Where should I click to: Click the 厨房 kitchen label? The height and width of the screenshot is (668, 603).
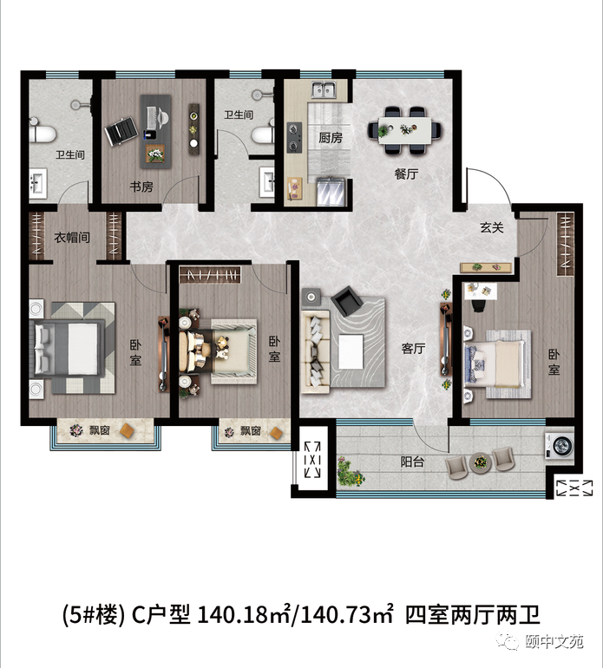(331, 138)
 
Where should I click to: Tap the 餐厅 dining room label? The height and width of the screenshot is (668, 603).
(406, 174)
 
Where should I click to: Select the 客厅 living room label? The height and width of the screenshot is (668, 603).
(413, 349)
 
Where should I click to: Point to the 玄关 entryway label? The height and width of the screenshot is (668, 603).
(492, 227)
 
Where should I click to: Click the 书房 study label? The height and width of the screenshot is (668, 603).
(141, 187)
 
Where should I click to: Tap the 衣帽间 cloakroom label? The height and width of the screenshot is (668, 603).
(72, 238)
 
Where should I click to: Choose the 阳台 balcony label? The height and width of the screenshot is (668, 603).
(412, 462)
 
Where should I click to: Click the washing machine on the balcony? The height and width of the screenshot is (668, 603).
(560, 446)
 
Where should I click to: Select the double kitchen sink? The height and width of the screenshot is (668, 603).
(324, 90)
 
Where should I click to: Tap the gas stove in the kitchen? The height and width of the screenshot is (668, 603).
(293, 138)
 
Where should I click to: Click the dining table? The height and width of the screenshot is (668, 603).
(405, 130)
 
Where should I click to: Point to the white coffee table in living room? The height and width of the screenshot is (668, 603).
(351, 352)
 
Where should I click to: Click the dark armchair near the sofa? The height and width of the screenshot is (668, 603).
(349, 300)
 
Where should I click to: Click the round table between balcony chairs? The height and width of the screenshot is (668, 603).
(481, 462)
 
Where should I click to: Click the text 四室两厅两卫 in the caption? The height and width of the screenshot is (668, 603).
(473, 614)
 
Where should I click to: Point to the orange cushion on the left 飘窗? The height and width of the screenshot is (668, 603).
(128, 430)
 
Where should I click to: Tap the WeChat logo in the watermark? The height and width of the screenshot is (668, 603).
(508, 640)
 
